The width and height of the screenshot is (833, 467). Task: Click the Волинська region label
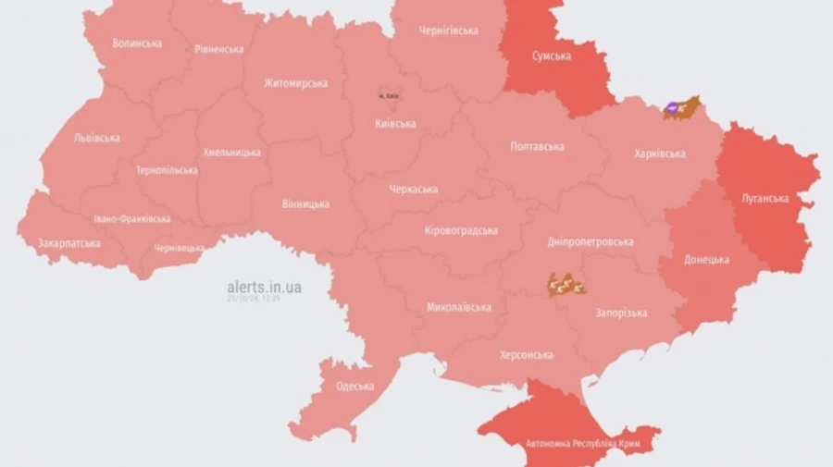click(x=137, y=43)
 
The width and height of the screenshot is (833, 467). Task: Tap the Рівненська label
click(x=219, y=49)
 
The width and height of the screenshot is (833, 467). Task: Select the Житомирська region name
click(x=295, y=83)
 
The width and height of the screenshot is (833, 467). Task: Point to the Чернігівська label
click(x=448, y=31)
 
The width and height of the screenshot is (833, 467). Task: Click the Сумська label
click(x=551, y=55)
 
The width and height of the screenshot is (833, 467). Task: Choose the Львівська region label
click(x=96, y=138)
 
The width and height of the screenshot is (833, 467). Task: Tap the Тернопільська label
click(x=167, y=170)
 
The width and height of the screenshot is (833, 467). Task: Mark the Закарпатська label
click(x=68, y=243)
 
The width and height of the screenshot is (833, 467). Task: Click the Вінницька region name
click(x=305, y=203)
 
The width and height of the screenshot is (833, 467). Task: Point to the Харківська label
click(x=660, y=154)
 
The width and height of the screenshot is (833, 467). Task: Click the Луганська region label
click(x=765, y=198)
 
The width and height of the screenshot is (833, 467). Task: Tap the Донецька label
click(x=706, y=260)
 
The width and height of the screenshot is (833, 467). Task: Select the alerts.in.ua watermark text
click(x=264, y=287)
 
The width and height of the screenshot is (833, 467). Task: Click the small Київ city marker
click(x=387, y=95)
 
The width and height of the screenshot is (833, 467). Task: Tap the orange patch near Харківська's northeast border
click(x=682, y=108)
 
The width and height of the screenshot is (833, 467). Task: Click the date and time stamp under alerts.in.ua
click(x=255, y=299)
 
